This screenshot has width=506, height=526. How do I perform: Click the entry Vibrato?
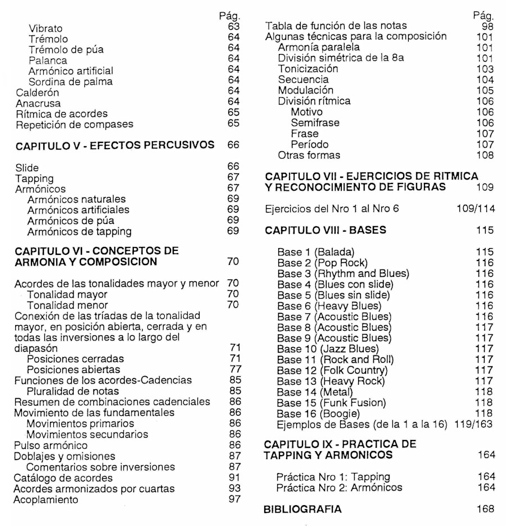click(x=46, y=28)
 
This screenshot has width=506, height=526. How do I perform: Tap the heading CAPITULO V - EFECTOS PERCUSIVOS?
click(x=115, y=146)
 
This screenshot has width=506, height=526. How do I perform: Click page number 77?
click(x=234, y=370)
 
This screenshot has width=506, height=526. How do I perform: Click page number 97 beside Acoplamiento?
click(x=234, y=498)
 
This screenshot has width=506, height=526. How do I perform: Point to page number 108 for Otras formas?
click(x=484, y=155)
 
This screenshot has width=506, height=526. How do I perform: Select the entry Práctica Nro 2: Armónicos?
click(x=340, y=488)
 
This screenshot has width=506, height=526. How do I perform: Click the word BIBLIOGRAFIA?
click(x=302, y=509)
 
